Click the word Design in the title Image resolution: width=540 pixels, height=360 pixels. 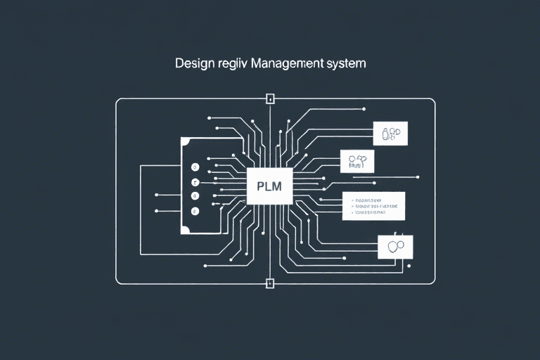tap(192, 63)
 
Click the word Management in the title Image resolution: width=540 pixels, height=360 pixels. tap(277, 63)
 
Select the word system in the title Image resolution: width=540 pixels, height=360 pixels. tap(345, 63)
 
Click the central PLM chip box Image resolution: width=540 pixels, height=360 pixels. tap(270, 186)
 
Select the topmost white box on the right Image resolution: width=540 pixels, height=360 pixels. tap(390, 133)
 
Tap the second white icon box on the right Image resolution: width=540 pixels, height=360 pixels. tap(357, 161)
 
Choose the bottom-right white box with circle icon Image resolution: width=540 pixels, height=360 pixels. tap(395, 246)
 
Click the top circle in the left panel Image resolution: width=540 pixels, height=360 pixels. tap(195, 169)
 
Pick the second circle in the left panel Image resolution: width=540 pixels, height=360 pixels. tap(195, 182)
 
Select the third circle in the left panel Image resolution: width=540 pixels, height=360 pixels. tap(195, 196)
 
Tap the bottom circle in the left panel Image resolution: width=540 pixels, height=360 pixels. tap(195, 210)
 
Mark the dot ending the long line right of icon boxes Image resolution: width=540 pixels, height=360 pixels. tap(418, 176)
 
